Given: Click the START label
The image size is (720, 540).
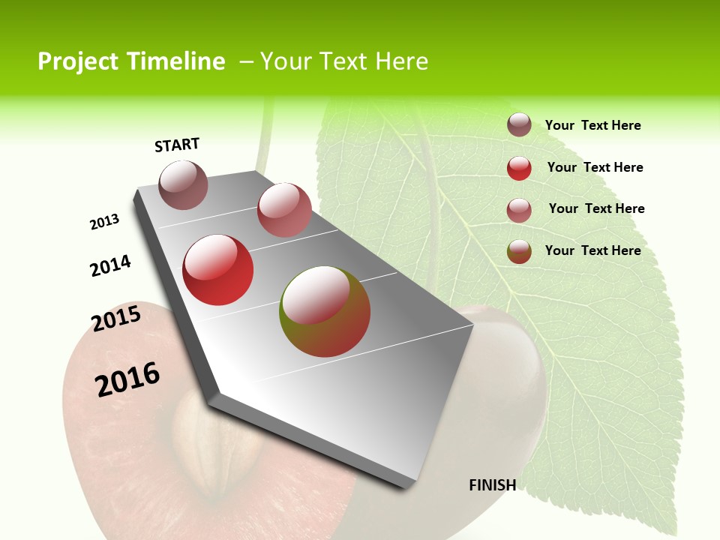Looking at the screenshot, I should coord(177,145).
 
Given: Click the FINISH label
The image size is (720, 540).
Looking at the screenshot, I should coord(493,485).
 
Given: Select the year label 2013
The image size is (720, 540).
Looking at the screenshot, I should coord(105,222).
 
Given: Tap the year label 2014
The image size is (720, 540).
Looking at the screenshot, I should coord(111,266).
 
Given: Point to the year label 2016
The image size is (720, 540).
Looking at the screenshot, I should coord(128,379).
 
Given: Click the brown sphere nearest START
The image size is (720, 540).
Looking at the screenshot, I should coord(184,185).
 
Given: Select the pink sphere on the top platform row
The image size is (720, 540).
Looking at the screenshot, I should coord(284,210).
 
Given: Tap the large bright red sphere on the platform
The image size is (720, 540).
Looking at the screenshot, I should coord(218,270).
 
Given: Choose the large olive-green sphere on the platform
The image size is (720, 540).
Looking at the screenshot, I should coord(325,311).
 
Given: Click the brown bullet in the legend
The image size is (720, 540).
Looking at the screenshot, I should coord(519,125).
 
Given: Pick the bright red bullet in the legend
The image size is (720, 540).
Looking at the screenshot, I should coord(519,168).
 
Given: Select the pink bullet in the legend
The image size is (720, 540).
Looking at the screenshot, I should coord(519,210).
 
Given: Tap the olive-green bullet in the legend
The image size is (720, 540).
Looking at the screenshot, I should coord(519,251).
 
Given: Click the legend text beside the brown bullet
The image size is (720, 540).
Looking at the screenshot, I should coord(592,125).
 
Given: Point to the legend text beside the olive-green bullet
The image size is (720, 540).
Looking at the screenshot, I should coord(592,250).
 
